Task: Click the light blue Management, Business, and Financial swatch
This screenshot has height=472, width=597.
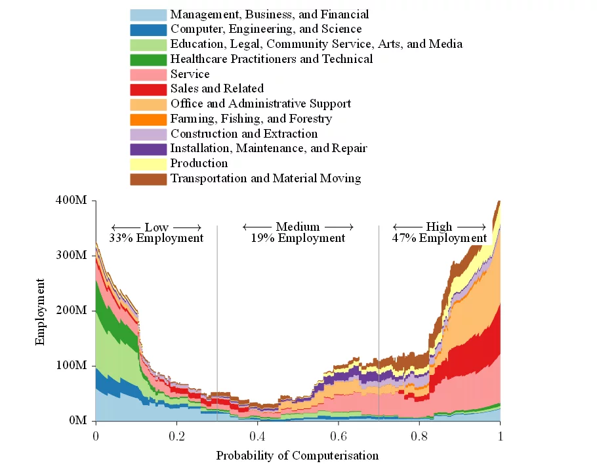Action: [x=148, y=14]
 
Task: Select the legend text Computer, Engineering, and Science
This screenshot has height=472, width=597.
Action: [x=266, y=29]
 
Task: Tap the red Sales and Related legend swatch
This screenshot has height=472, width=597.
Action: [x=148, y=88]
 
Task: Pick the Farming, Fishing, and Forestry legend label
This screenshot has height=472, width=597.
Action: [x=251, y=119]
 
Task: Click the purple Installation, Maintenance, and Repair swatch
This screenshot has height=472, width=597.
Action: [x=148, y=149]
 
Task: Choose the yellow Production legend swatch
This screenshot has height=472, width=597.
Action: [x=148, y=164]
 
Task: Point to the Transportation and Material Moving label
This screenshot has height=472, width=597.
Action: [x=266, y=178]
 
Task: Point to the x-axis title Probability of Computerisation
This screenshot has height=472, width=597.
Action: [x=297, y=456]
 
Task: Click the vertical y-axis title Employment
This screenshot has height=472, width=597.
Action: [x=41, y=311]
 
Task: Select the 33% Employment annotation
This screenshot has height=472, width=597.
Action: [x=156, y=238]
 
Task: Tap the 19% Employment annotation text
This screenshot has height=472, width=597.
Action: [x=298, y=238]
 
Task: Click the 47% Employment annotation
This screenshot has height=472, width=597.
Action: [x=440, y=238]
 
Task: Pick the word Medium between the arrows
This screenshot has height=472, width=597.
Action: [x=298, y=227]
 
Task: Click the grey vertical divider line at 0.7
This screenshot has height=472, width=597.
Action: [x=379, y=295]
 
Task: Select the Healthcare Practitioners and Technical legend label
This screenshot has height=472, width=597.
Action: [x=272, y=59]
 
